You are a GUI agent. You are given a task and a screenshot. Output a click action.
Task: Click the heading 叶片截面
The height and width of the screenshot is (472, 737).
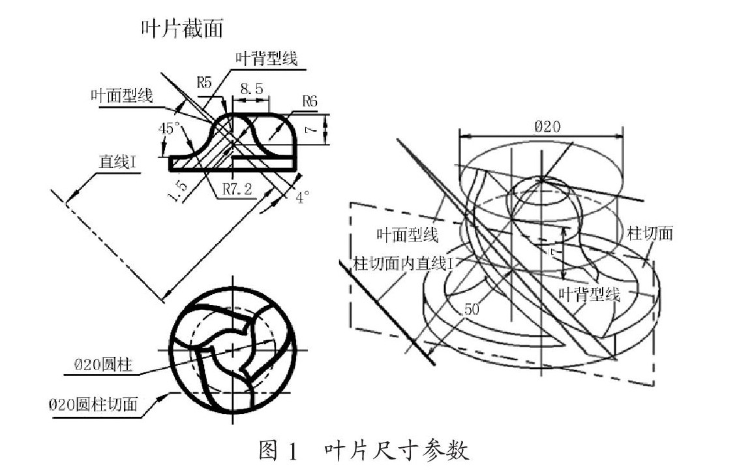(182, 28)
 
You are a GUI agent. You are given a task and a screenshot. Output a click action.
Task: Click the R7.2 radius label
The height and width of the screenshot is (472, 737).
(237, 189)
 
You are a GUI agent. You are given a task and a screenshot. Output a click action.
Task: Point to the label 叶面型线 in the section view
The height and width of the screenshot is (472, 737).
(122, 97)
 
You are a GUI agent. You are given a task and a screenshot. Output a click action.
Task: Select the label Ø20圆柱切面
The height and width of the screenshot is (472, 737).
(94, 404)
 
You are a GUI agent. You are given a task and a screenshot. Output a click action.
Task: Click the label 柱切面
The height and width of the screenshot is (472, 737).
(650, 233)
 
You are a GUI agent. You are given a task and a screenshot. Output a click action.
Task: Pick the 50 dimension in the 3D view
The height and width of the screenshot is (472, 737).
(472, 308)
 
